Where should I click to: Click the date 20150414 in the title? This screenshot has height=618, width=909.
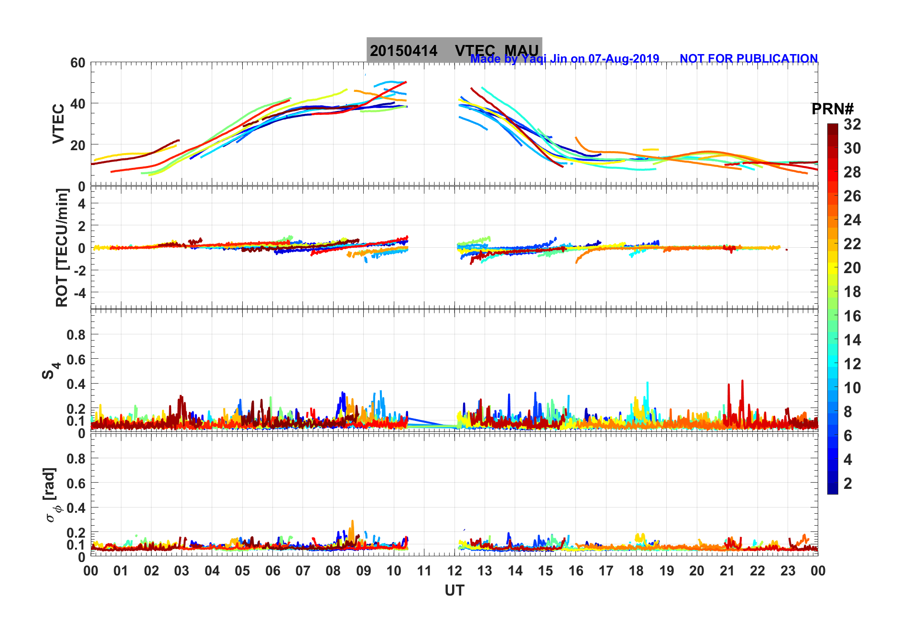pos(403,51)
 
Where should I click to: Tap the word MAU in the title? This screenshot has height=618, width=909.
pos(521,51)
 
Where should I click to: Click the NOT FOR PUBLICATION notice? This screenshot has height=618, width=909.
pos(748,58)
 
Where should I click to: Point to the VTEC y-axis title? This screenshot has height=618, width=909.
pos(58,123)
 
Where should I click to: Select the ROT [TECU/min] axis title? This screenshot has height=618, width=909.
pos(62,247)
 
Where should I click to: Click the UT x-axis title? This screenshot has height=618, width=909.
pos(454,591)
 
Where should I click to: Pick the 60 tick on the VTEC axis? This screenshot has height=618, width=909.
pos(77,63)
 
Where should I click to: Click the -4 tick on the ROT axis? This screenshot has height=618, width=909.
pos(79,293)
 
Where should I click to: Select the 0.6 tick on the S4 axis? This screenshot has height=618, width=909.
pos(76,359)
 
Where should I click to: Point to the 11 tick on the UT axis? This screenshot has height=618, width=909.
pos(424,571)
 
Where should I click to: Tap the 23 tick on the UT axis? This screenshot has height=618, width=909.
pos(788,571)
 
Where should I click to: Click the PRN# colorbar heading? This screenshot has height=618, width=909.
pos(833,109)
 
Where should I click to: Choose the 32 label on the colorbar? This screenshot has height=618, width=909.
pos(852,124)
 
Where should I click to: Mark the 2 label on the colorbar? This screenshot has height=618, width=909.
pos(848,483)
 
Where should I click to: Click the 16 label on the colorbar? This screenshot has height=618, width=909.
pos(852,316)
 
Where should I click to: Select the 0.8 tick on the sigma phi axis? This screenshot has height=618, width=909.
pos(76,458)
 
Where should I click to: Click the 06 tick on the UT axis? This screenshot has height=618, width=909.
pos(272,571)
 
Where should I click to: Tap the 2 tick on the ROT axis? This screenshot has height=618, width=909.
pos(82,225)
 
